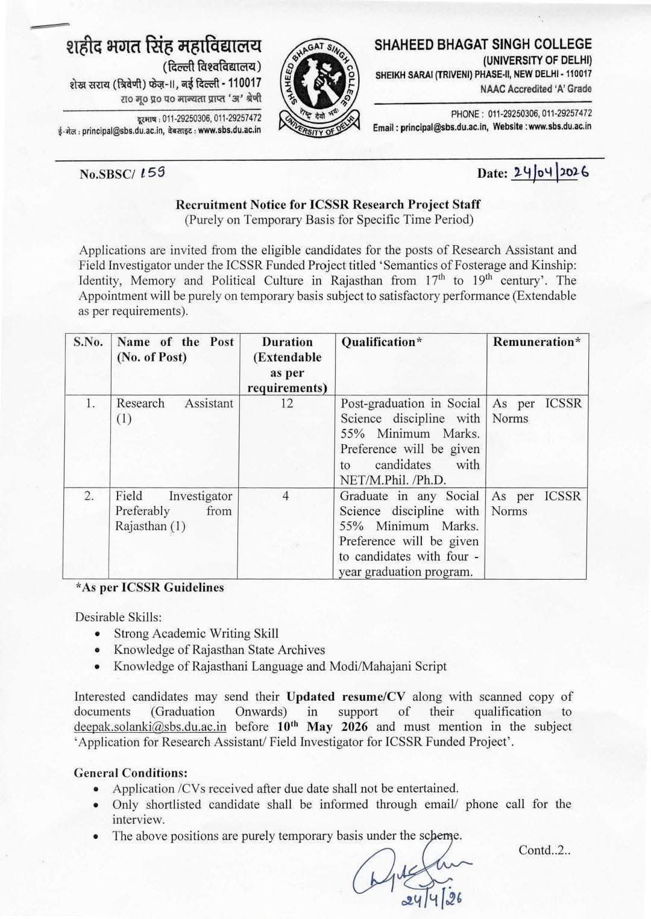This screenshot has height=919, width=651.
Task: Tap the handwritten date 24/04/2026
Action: coord(549,172)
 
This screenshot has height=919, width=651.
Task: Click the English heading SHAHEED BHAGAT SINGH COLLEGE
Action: coord(483,44)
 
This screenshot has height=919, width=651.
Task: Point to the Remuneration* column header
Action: coord(536,342)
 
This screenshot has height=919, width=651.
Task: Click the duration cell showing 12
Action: coord(286,404)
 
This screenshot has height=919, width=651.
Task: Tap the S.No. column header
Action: coord(88,342)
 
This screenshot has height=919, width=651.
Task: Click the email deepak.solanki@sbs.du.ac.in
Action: coord(150,727)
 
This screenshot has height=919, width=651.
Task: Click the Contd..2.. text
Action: coord(544,850)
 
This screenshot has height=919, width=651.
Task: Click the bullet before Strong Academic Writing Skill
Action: coord(98,634)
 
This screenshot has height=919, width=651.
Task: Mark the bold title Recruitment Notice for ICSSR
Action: coord(328,204)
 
